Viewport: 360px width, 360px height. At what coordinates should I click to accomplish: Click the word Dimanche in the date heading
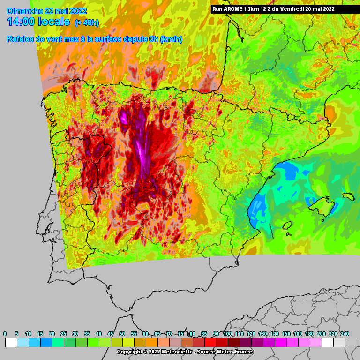pyautogui.click(x=23, y=10)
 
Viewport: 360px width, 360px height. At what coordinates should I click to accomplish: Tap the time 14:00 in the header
pyautogui.click(x=24, y=22)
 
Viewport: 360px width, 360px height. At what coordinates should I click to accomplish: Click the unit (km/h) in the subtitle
pyautogui.click(x=171, y=39)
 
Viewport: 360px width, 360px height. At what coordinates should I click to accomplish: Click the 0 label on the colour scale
pyautogui.click(x=5, y=333)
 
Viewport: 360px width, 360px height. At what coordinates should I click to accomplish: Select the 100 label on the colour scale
pyautogui.click(x=228, y=333)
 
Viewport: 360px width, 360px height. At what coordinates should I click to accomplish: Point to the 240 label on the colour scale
pyautogui.click(x=345, y=333)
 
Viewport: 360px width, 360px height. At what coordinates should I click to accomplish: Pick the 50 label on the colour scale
pyautogui.click(x=122, y=333)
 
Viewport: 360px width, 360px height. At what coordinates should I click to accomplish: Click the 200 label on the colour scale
pyautogui.click(x=322, y=333)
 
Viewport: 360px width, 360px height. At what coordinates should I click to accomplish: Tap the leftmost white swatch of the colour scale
pyautogui.click(x=11, y=343)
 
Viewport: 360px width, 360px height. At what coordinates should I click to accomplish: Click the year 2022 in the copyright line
pyautogui.click(x=151, y=352)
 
